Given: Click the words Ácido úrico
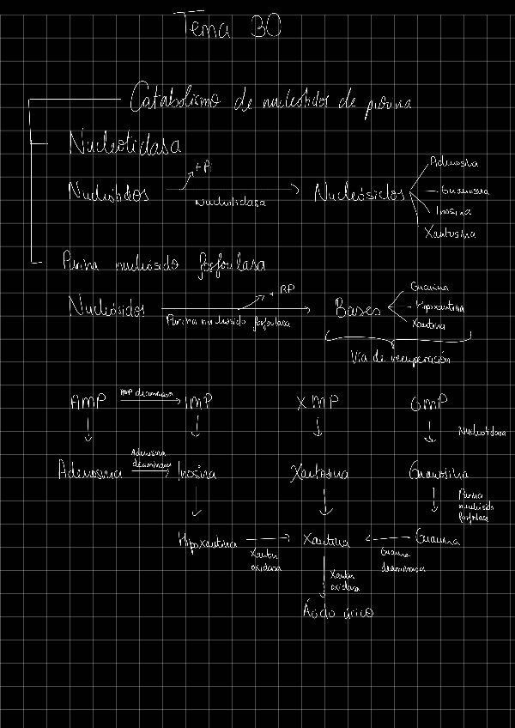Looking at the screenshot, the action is click(338, 611).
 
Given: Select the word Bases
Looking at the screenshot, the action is click(357, 310).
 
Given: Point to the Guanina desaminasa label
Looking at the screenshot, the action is click(397, 559).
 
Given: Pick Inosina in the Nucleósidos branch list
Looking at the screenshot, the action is click(453, 211).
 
